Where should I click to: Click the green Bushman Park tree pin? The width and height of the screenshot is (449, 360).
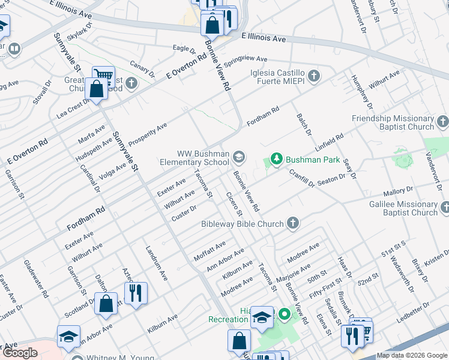coord(276,159)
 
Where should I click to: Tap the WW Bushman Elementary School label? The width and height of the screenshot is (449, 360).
coord(194,157)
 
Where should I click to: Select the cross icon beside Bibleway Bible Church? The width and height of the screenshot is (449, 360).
coord(292,224)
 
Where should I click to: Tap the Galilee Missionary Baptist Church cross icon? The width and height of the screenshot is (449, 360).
coord(444,208)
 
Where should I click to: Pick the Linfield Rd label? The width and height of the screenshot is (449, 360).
coord(328,142)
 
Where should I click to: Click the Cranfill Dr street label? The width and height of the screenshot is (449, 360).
coord(301,178)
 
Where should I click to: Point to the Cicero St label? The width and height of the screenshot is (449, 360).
coord(234,203)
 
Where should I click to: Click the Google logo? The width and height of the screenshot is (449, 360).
coord(20,353)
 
